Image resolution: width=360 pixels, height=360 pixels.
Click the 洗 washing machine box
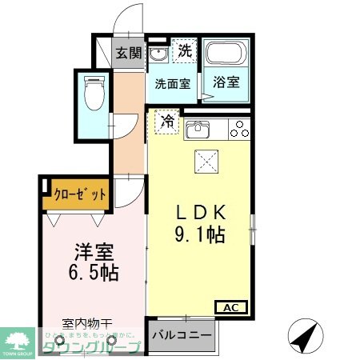tap(184, 50)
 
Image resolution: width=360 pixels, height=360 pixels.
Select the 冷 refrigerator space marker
tap(167, 121)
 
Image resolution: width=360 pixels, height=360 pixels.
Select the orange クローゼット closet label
tap(77, 192)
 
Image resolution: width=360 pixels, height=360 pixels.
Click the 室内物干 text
tap(88, 325)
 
